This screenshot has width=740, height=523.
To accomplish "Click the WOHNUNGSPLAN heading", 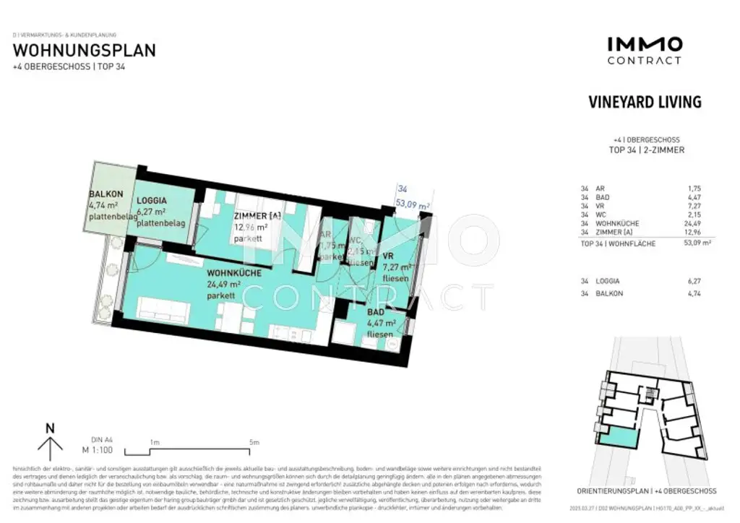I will pyautogui.click(x=84, y=51).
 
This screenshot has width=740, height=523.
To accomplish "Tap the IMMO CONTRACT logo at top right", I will pyautogui.click(x=644, y=51).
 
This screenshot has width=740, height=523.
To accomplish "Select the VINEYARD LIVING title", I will pyautogui.click(x=645, y=102).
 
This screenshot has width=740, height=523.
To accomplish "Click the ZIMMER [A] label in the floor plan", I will pyautogui.click(x=257, y=216).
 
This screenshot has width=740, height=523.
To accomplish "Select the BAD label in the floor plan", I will pyautogui.click(x=376, y=312).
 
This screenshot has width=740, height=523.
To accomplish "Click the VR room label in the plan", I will pyautogui.click(x=387, y=256).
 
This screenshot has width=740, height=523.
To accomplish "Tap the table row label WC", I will pyautogui.click(x=600, y=215).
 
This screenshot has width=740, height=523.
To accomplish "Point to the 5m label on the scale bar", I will pyautogui.click(x=254, y=441).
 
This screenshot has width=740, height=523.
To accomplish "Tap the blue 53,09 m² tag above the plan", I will pyautogui.click(x=413, y=206).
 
